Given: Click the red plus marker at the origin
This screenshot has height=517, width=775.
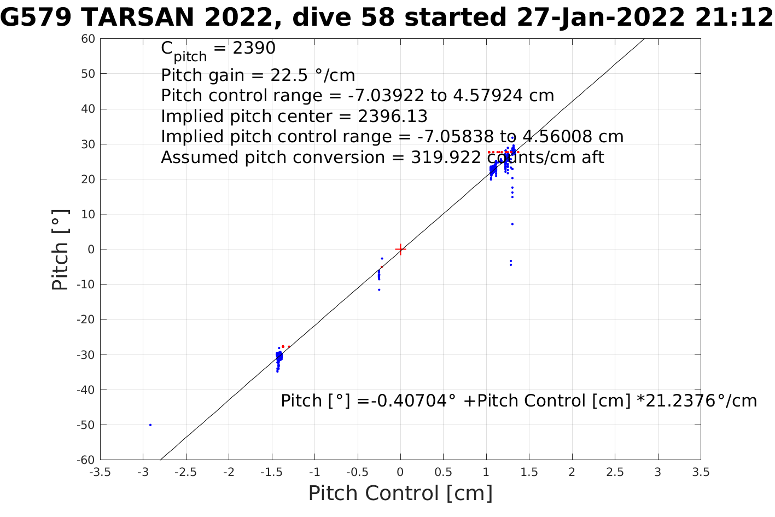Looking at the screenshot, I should (400, 249).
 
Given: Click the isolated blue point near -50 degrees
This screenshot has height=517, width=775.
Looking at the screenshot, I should (150, 425).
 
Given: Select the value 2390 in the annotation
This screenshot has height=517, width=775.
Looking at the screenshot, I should (254, 49).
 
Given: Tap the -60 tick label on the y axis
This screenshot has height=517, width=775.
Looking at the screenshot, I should (86, 460).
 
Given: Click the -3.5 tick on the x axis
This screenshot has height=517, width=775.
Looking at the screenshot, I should (100, 472).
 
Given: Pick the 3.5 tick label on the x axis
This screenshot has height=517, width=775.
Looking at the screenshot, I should (701, 472).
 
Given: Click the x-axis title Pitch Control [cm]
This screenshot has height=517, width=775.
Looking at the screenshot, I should (400, 493).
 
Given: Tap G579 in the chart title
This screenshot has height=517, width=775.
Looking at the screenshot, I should (37, 19).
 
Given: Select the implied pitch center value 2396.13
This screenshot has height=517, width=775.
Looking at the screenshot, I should (393, 117).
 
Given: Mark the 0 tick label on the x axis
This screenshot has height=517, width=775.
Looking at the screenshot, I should (400, 472).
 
